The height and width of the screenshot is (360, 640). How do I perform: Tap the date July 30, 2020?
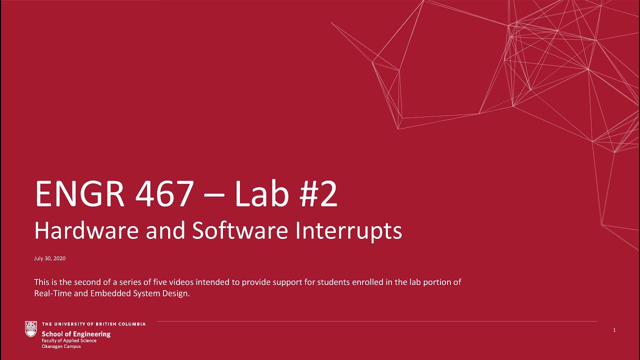tap(49, 258)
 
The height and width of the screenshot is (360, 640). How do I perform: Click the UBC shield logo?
tap(31, 328)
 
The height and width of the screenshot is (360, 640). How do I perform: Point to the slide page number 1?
tap(614, 330)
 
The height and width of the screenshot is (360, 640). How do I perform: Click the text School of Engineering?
tap(76, 334)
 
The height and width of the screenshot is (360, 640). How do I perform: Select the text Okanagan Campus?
tap(61, 346)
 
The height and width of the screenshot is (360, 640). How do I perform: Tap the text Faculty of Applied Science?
tap(69, 340)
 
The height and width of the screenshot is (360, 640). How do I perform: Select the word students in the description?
tap(314, 282)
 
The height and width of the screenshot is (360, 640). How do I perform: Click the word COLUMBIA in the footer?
tap(131, 324)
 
